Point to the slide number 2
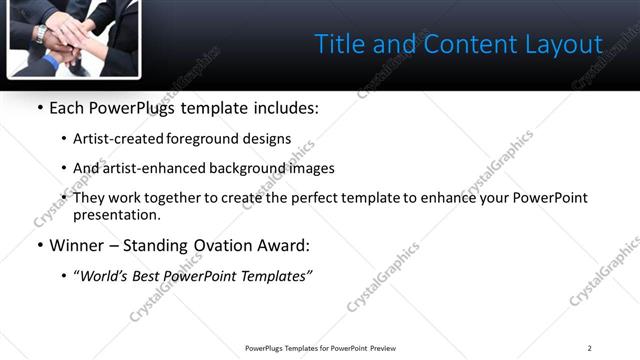click(589, 348)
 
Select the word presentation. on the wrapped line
click(117, 215)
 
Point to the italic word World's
click(104, 277)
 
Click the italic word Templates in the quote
click(275, 277)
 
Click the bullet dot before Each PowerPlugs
click(39, 108)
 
